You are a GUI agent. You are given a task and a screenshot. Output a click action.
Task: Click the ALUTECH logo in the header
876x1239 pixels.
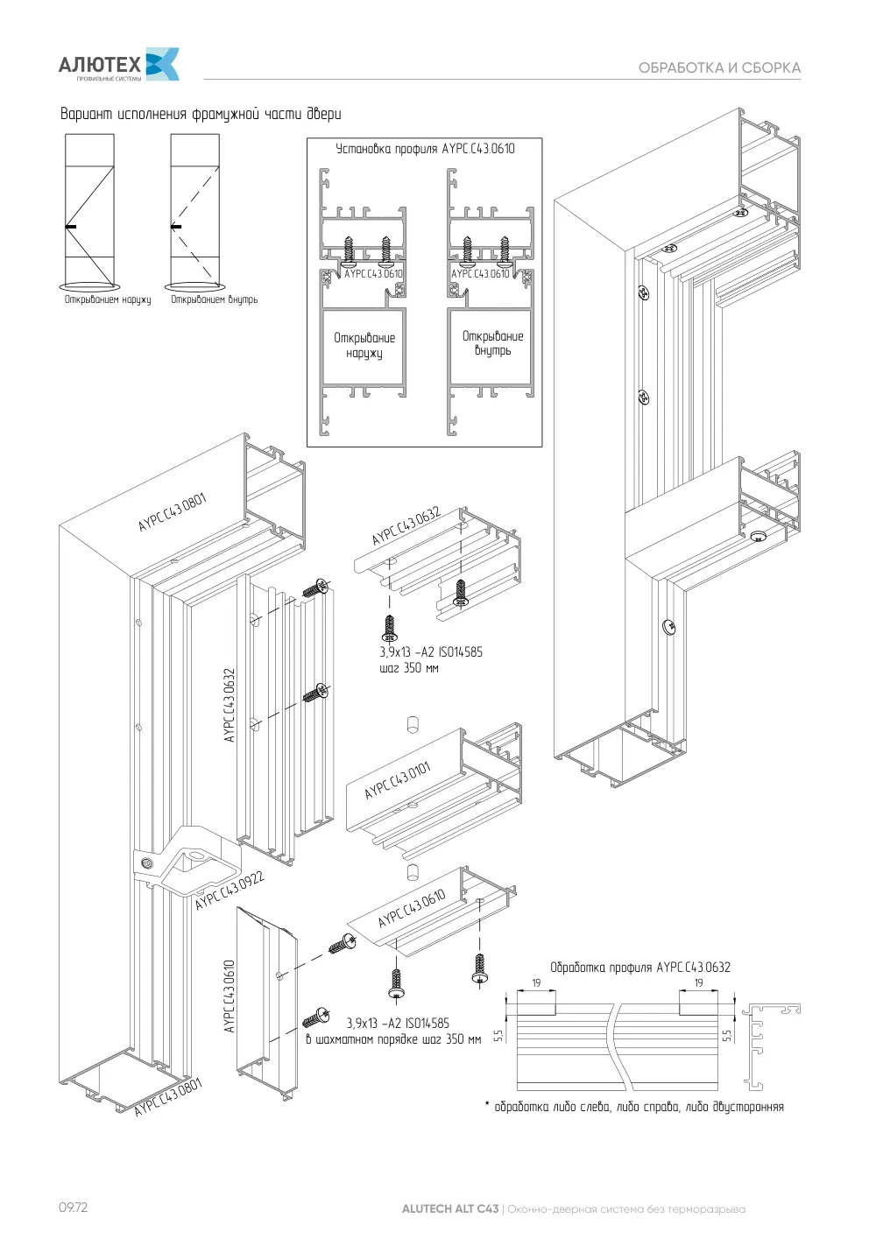pos(118,64)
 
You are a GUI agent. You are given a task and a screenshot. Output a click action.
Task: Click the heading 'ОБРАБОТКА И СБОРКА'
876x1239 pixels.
pos(719,68)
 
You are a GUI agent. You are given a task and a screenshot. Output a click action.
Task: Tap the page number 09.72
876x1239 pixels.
pos(73,1207)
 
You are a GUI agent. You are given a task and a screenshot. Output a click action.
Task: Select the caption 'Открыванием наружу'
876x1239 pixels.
pos(108,299)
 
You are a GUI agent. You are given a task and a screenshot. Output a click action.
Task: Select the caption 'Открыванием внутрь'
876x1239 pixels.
pos(214,299)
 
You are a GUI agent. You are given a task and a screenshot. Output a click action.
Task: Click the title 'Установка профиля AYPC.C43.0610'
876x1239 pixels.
pos(425,149)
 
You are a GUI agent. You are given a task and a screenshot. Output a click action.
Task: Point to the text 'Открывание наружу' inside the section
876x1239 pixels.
pos(364,345)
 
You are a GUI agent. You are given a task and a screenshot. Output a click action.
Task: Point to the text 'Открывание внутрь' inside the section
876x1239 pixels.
pos(492,343)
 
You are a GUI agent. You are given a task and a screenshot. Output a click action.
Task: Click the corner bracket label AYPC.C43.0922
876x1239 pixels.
pos(230,891)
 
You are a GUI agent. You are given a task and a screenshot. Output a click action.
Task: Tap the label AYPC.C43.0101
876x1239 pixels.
pos(398,780)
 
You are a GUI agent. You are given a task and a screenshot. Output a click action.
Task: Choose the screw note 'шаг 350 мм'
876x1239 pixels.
pos(409,667)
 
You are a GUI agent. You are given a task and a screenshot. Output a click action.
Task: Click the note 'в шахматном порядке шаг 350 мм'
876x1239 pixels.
pos(393,1039)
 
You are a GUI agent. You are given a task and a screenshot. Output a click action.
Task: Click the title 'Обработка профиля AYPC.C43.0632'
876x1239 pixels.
pos(640,968)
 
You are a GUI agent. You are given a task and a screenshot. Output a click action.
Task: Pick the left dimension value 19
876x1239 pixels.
pos(536,983)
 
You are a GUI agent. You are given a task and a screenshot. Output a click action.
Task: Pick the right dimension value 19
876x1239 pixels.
pos(698,983)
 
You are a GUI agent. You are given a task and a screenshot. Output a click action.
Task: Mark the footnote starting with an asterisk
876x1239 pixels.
pos(634,1107)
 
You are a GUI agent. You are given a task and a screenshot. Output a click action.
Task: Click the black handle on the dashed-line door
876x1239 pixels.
pos(175,226)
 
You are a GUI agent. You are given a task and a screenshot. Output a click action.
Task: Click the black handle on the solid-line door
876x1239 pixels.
pos(70,226)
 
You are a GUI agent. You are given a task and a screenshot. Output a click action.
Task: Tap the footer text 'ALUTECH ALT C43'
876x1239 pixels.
pos(450,1209)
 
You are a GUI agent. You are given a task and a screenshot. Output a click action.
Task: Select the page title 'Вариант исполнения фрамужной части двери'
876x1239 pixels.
pos(201,114)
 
